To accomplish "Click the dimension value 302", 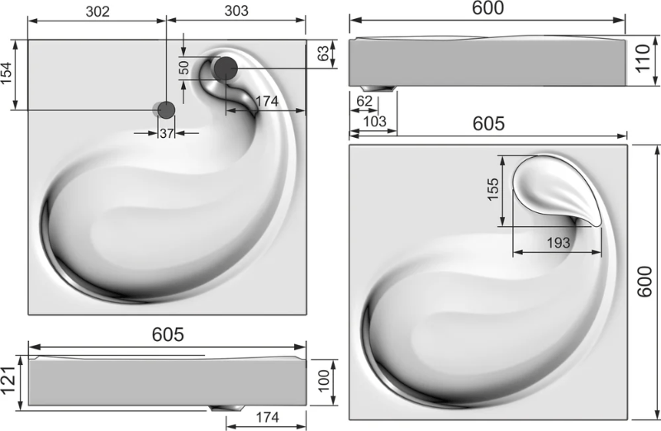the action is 97,12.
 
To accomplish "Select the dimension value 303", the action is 236,11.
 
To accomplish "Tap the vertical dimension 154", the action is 7,73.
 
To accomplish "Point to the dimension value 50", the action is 183,68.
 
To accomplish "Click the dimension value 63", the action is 323,53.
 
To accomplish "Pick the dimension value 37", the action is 167,133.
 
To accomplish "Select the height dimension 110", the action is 643,59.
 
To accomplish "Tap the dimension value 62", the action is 364,101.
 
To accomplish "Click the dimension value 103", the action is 374,121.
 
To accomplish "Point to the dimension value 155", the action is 492,189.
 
